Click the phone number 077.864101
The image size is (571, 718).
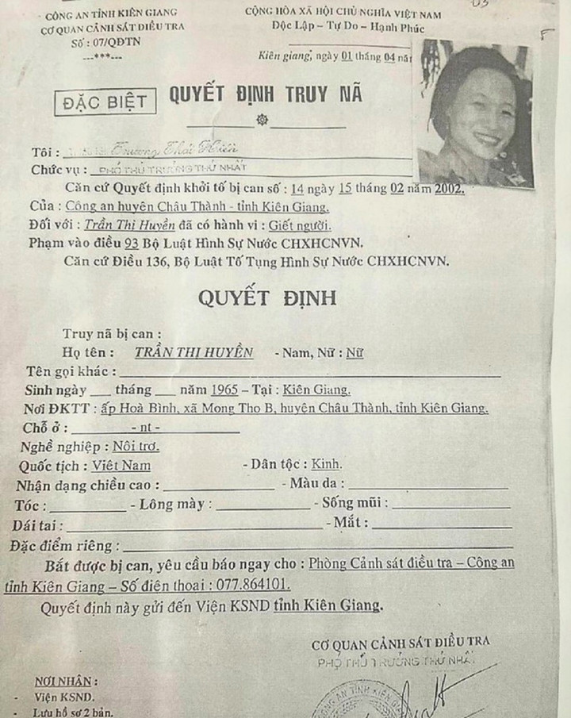click(247, 585)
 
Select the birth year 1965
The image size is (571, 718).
click(225, 390)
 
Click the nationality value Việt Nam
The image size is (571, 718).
click(121, 466)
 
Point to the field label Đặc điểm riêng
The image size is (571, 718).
click(63, 546)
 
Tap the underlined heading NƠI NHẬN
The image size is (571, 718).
click(67, 682)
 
